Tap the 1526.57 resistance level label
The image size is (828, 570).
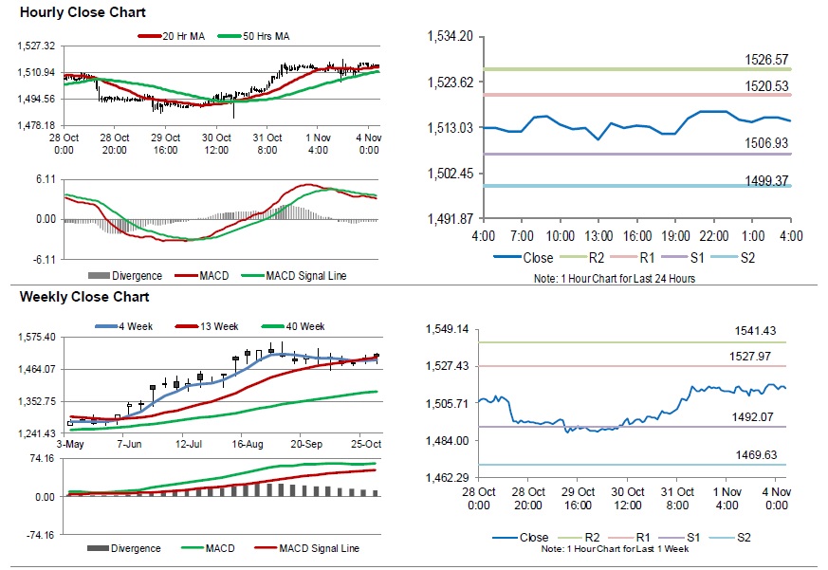[x=768, y=60]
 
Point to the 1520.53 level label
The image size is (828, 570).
[x=768, y=86]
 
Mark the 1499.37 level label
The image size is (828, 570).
[x=768, y=179]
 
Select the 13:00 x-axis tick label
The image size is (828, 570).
[x=597, y=235]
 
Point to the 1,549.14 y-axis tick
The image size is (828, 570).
[x=450, y=329]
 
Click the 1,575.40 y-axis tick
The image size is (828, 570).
[x=39, y=337]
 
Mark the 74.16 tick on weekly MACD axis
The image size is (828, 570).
[x=42, y=458]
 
